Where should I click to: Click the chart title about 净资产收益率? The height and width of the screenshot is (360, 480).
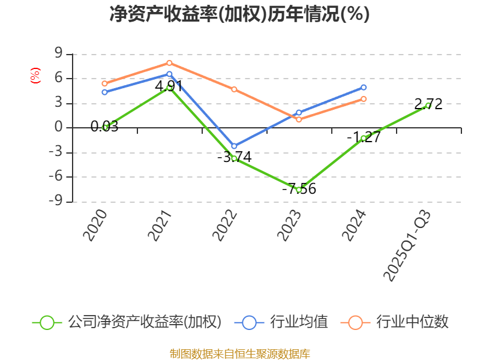239,14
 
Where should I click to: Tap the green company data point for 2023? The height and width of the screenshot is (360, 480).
299,190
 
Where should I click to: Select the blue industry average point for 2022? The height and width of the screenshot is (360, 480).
234,146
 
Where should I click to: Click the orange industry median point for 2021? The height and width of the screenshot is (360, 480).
170,63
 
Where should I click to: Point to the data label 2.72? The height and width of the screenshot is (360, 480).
428,104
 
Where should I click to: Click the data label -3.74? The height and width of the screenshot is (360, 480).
235,157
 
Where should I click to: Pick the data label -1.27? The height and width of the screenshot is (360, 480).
364,137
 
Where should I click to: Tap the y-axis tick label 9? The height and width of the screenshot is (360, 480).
58,53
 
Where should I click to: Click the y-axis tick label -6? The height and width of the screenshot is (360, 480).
55,176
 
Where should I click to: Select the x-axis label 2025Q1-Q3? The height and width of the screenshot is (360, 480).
407,245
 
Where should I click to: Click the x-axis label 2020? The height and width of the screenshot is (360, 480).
95,226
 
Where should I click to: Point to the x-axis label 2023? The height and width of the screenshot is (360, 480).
289,226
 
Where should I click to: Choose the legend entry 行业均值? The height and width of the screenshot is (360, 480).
281,322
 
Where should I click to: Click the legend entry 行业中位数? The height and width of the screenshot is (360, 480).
394,322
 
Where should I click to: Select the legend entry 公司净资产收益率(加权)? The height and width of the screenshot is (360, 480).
127,322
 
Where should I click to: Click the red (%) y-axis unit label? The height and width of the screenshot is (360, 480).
35,76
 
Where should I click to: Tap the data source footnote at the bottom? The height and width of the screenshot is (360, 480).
240,354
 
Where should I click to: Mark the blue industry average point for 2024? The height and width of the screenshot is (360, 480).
364,88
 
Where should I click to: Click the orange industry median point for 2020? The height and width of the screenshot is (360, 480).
104,83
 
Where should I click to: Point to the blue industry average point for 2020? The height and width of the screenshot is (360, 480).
104,92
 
